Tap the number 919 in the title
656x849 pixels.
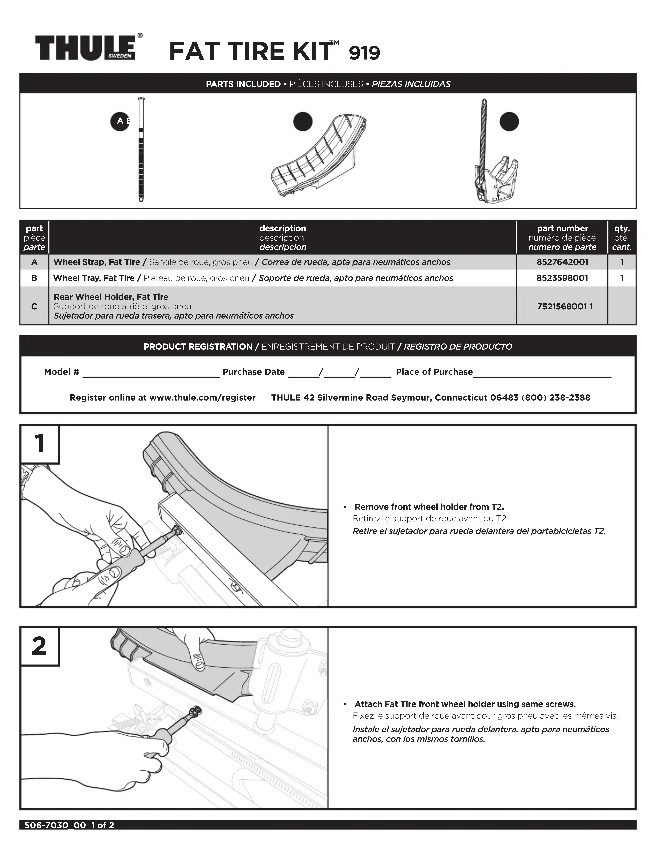pos(364,53)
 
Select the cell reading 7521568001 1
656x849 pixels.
pos(565,306)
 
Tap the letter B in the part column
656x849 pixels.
pos(34,278)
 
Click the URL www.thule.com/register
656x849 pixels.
pos(202,398)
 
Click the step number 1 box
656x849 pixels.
pos(40,444)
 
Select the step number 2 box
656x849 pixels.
pos(40,646)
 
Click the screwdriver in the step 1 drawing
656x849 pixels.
pos(128,560)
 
